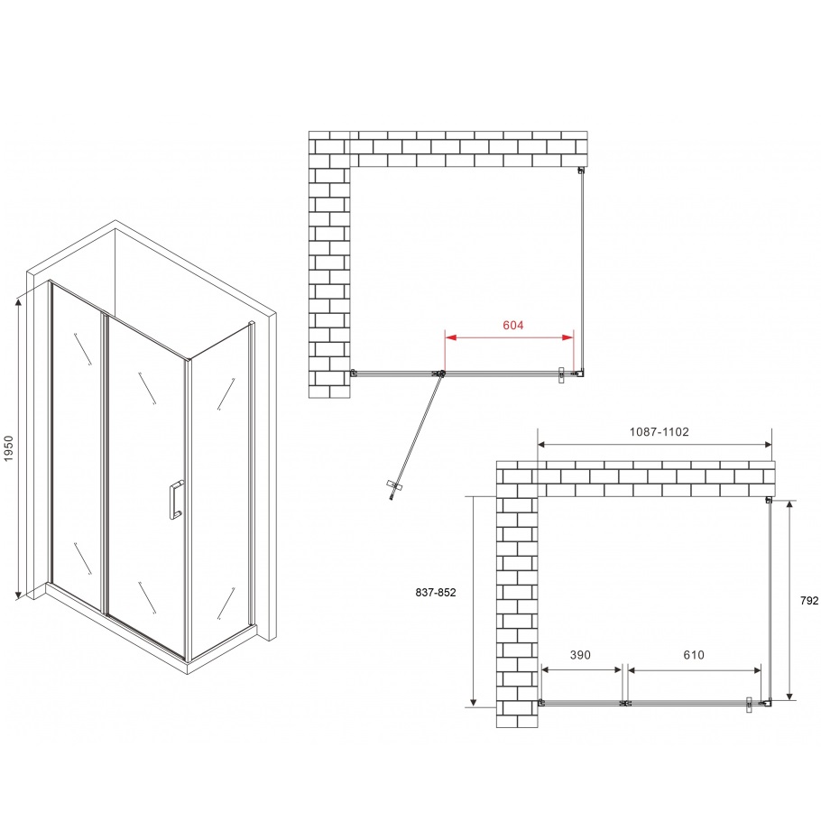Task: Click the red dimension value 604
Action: coord(511,325)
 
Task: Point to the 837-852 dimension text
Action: coord(437,593)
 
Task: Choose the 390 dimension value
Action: coord(579,655)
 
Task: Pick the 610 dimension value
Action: coord(693,655)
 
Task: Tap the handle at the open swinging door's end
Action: coord(392,489)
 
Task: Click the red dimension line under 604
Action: coord(510,337)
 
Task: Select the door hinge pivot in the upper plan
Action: coord(441,373)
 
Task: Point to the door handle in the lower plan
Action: coord(750,704)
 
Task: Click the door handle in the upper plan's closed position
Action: coord(562,374)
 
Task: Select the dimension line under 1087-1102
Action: coord(654,444)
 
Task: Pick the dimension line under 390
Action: coord(581,669)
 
